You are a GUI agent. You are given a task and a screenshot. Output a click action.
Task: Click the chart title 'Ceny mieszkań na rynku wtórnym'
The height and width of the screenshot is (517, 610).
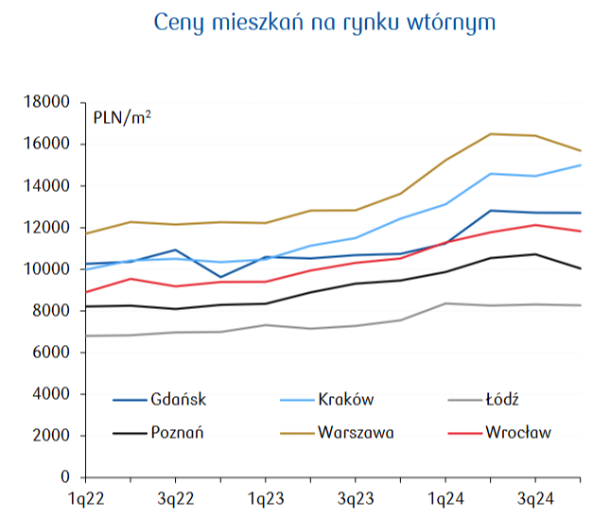pos(323,22)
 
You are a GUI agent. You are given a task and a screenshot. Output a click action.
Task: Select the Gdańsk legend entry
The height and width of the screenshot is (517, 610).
pos(177,399)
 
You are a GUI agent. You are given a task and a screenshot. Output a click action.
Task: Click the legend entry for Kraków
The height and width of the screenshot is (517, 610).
pos(347,399)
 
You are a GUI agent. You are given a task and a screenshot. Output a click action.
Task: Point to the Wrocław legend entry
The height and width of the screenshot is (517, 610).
pos(517,433)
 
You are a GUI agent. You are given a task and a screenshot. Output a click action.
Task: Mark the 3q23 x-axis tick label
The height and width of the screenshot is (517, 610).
pos(355,498)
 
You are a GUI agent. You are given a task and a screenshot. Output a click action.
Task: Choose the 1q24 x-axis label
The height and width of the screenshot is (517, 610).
pos(444,498)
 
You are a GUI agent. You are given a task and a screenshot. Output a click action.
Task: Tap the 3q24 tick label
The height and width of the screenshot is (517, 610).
pos(534,498)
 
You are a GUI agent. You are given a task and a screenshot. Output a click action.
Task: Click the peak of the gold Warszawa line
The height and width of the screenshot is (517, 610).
pos(490,134)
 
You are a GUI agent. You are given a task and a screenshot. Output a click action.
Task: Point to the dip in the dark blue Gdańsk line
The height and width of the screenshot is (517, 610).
pos(219,277)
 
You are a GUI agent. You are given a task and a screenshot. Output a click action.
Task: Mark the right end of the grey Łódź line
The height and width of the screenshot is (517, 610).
pos(580,305)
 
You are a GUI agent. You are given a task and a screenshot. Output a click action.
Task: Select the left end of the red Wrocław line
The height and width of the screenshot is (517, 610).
pos(85,292)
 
